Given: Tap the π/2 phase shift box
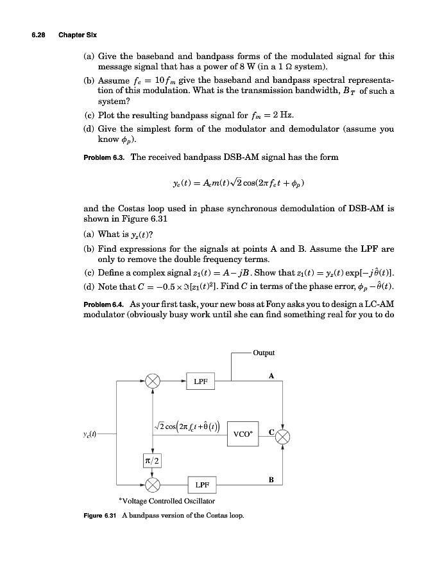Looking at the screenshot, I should pyautogui.click(x=152, y=460).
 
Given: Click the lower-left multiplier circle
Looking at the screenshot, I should pyautogui.click(x=152, y=482).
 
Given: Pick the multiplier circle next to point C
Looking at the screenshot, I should pyautogui.click(x=284, y=437).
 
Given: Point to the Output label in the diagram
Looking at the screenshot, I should pyautogui.click(x=263, y=353).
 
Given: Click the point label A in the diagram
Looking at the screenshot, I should pyautogui.click(x=271, y=376).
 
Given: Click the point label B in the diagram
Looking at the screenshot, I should pyautogui.click(x=271, y=477).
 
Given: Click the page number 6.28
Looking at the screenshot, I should pyautogui.click(x=40, y=33).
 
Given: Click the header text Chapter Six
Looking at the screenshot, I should pyautogui.click(x=77, y=33).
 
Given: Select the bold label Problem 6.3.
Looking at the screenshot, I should pyautogui.click(x=105, y=157).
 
